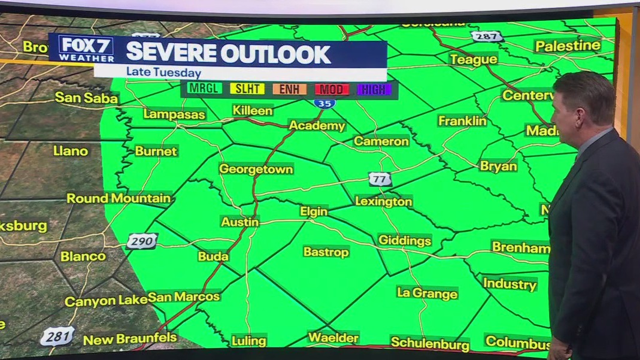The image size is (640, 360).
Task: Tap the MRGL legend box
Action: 205,89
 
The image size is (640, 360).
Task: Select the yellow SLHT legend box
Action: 247,89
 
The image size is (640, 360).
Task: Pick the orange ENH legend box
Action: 290,89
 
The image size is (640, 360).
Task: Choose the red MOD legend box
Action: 332,89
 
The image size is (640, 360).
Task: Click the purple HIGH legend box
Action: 374,89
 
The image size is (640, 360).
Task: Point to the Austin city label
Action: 240,222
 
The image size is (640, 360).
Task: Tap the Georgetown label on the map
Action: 256,169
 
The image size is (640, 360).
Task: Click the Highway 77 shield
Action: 380,179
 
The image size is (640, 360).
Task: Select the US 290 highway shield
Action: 142,241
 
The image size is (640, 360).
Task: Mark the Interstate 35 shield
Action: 324,103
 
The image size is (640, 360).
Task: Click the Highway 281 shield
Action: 57,335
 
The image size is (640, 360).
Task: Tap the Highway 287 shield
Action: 486,36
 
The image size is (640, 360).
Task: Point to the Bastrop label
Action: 326,252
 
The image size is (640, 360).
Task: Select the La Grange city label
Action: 427,293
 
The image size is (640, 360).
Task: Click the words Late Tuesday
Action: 163,73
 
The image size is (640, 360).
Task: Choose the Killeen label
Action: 253,111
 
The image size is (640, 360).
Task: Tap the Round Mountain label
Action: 119,198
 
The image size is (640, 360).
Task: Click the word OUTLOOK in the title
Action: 275,53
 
